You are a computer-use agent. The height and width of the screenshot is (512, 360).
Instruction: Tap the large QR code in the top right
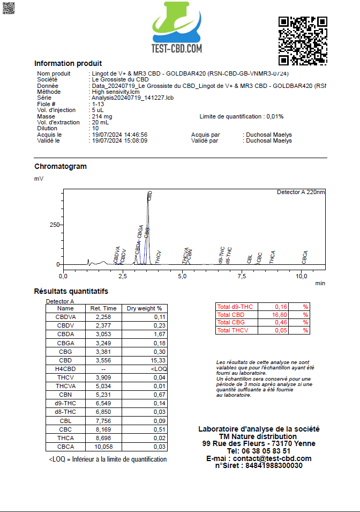click(x=303, y=40)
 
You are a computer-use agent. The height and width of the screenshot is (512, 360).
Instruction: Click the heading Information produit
click(x=68, y=63)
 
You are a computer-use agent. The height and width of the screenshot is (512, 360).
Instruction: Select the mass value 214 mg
click(x=102, y=116)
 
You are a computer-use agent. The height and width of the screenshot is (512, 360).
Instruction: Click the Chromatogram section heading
click(x=61, y=166)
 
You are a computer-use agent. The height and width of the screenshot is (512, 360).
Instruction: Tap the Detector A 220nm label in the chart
click(x=301, y=192)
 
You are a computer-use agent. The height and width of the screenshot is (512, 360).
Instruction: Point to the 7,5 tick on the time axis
click(x=242, y=277)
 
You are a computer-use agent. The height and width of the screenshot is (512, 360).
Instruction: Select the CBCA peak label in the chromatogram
click(x=305, y=257)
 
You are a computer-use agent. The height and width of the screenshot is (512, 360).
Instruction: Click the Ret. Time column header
click(x=103, y=308)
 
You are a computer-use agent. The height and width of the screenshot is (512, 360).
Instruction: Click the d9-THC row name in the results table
click(x=66, y=403)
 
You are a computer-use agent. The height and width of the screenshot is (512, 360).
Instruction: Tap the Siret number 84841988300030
click(x=274, y=465)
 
